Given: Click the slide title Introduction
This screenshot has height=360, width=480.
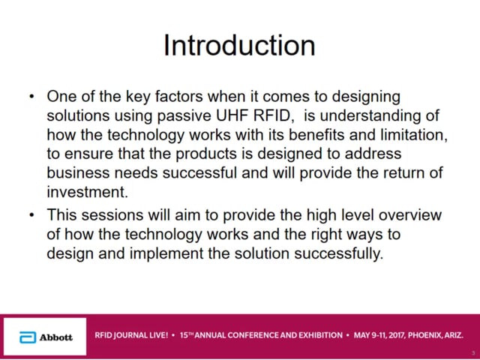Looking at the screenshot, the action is [x=239, y=46].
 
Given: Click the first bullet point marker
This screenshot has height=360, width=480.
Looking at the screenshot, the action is [x=31, y=97].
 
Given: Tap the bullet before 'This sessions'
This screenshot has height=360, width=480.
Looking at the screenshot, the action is [x=31, y=215].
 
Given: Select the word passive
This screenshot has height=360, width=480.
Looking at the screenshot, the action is [x=184, y=116].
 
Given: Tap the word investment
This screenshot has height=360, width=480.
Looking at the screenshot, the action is [x=87, y=192].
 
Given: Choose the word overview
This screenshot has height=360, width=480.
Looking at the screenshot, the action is [x=410, y=215].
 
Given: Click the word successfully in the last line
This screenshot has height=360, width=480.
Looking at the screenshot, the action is [x=339, y=254].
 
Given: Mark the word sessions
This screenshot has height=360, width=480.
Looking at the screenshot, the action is [x=112, y=215].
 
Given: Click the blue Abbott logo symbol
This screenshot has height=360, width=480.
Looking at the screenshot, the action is [x=28, y=337].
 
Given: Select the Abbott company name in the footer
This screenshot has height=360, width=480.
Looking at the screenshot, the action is [x=56, y=337].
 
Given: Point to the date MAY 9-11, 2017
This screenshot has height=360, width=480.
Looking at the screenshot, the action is [x=379, y=335].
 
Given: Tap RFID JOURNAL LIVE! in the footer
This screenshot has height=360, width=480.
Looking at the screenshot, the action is [x=131, y=335].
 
